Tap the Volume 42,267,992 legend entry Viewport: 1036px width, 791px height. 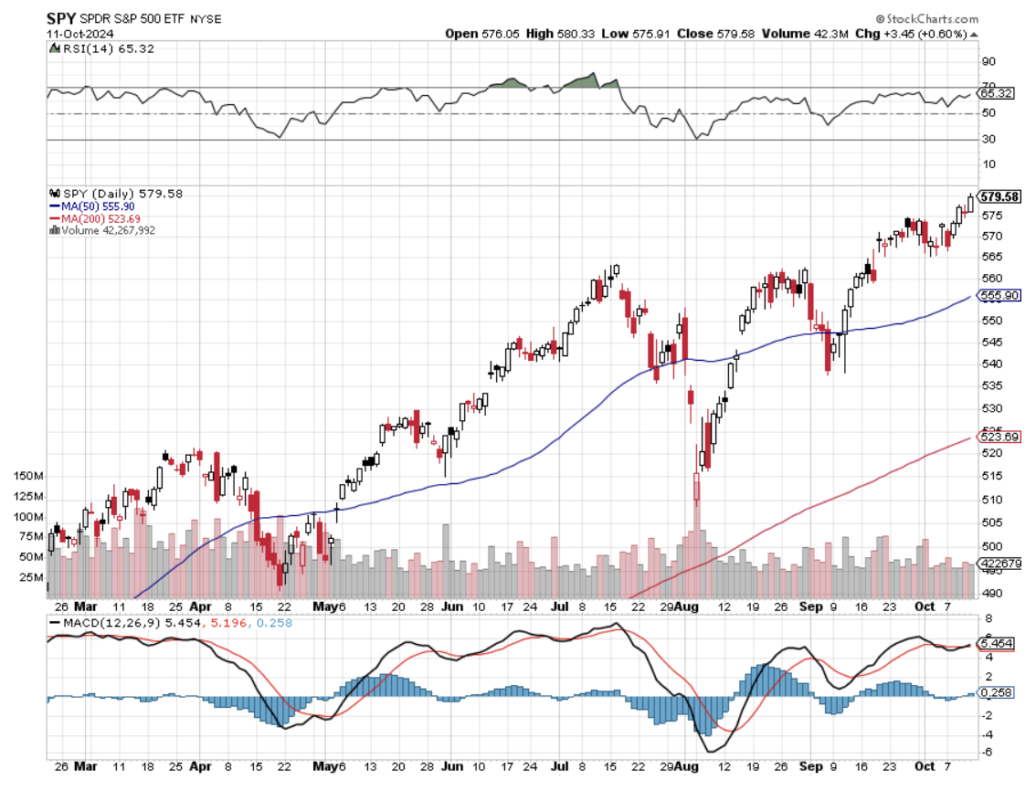click(x=106, y=231)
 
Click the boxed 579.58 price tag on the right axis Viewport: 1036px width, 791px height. click(x=998, y=196)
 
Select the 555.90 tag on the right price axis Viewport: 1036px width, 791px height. click(x=998, y=296)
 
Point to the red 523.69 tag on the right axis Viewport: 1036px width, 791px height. click(x=998, y=438)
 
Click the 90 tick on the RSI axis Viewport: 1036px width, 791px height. click(x=988, y=62)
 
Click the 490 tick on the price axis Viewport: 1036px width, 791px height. click(x=989, y=594)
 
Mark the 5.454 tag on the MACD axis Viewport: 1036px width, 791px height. click(x=998, y=643)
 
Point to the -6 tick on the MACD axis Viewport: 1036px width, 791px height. click(x=988, y=752)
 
